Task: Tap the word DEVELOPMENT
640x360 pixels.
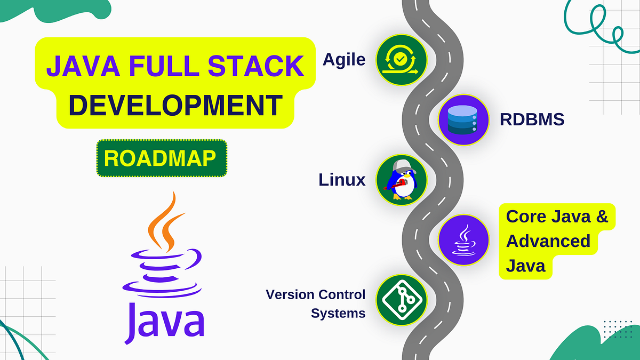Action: (175, 105)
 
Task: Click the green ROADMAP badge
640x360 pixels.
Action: (162, 158)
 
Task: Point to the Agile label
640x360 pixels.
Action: (344, 60)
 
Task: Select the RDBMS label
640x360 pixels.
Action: (532, 119)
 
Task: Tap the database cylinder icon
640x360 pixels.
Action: (462, 120)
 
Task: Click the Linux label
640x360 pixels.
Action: (342, 180)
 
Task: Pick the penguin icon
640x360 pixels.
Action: (401, 180)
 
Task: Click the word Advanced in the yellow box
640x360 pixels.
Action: (548, 241)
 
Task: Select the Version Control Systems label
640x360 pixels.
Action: (316, 303)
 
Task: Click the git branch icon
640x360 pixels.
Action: (401, 299)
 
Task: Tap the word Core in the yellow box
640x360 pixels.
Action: (526, 217)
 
